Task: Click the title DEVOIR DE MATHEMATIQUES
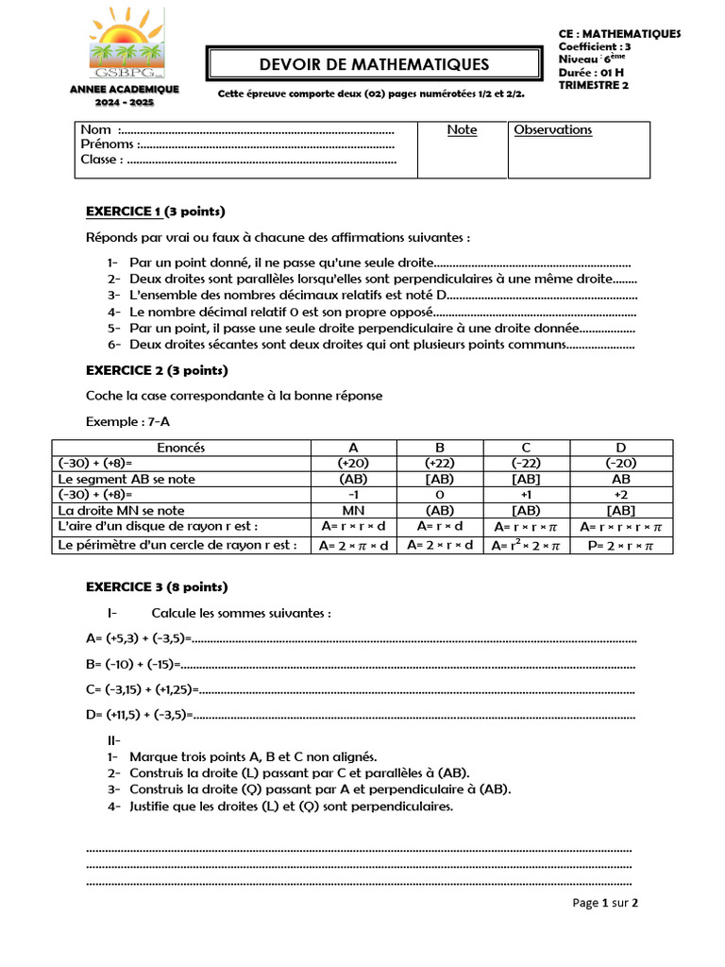click(x=375, y=64)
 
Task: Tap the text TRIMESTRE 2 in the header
click(x=593, y=85)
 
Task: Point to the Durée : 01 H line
click(x=591, y=72)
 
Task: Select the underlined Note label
click(x=462, y=130)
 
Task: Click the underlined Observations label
click(x=552, y=130)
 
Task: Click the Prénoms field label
click(x=109, y=144)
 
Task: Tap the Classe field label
click(x=101, y=160)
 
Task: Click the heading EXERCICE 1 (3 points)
click(x=156, y=211)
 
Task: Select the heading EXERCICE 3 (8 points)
click(x=156, y=586)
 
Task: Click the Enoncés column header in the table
click(x=181, y=448)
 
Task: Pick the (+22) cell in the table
click(x=440, y=464)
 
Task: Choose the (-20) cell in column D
click(x=620, y=464)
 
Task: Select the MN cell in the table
click(x=353, y=510)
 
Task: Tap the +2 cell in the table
click(x=620, y=495)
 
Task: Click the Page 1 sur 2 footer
click(x=605, y=903)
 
